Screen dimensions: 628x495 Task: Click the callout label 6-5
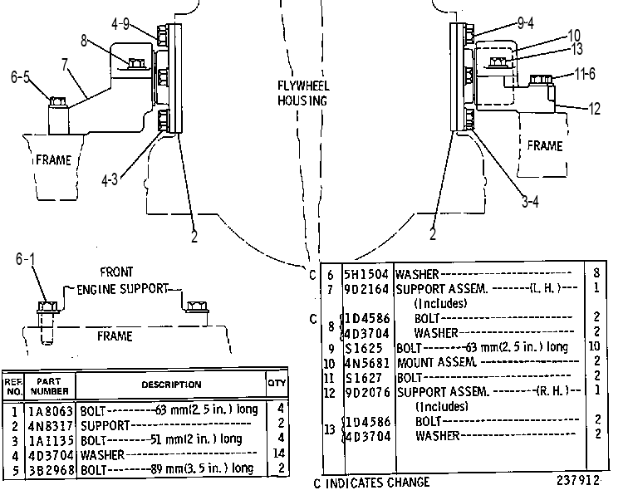coord(20,76)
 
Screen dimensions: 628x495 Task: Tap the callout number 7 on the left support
coord(65,64)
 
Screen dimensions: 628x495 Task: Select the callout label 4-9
coord(120,24)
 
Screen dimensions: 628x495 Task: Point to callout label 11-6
coord(585,74)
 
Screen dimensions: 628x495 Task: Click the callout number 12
coord(595,109)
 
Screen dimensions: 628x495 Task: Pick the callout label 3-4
coord(530,202)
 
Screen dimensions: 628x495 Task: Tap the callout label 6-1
coord(25,259)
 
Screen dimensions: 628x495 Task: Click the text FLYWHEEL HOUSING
coord(303,93)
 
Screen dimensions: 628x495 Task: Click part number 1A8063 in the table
coord(51,411)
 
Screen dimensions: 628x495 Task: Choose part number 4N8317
coord(51,425)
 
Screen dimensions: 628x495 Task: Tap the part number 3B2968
coord(51,469)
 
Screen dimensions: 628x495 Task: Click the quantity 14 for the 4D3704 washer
coord(279,453)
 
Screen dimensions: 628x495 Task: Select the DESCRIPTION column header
coord(171,385)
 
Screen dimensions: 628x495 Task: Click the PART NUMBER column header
coord(49,386)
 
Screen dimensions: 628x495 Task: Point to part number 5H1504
coord(366,274)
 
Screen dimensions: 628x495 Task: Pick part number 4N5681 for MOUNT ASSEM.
coord(367,363)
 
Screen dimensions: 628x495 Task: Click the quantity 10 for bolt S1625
coord(595,346)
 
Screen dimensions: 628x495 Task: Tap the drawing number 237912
coord(578,480)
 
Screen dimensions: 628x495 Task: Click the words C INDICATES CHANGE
coord(371,483)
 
